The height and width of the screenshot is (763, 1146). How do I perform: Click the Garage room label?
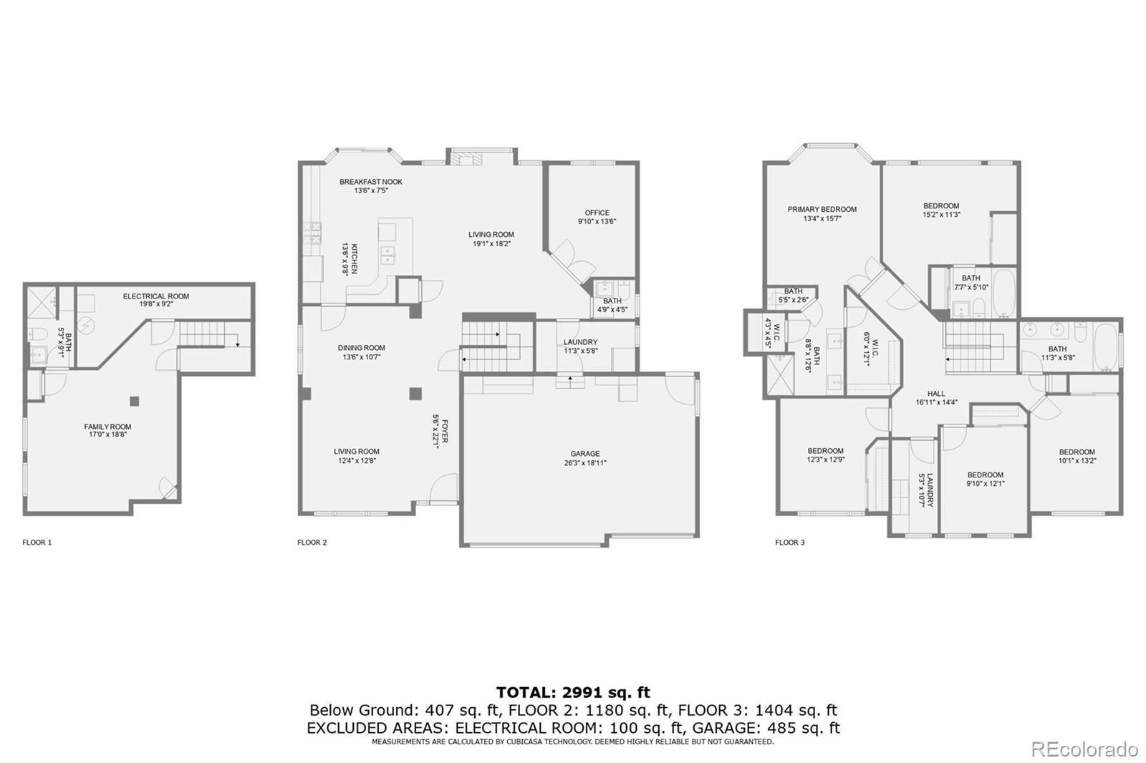pos(584,458)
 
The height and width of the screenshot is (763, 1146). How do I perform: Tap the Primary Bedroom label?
pos(822,214)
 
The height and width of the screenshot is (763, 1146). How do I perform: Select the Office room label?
pos(597,217)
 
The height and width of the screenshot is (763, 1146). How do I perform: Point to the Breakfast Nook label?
pos(370,186)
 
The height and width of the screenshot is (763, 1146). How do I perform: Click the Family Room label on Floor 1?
pos(107,430)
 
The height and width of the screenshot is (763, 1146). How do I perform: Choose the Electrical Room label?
pos(155,299)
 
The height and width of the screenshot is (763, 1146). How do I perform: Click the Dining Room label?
pos(361,352)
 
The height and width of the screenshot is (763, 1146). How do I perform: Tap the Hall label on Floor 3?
pos(936,398)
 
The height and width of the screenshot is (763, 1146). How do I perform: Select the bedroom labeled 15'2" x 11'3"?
pos(940,210)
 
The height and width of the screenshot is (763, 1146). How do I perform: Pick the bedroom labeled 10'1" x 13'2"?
pos(1077,456)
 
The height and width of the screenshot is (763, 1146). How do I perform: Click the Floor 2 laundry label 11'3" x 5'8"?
pos(580,346)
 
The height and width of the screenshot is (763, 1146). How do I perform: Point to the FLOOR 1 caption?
pos(37,543)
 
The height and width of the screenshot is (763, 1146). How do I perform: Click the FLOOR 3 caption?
pos(789,543)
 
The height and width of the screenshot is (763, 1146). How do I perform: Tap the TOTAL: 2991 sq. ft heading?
pos(573,692)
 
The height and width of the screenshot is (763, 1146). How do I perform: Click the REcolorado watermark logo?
pos(1084,749)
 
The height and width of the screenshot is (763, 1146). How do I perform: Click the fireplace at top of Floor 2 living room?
pos(468,159)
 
